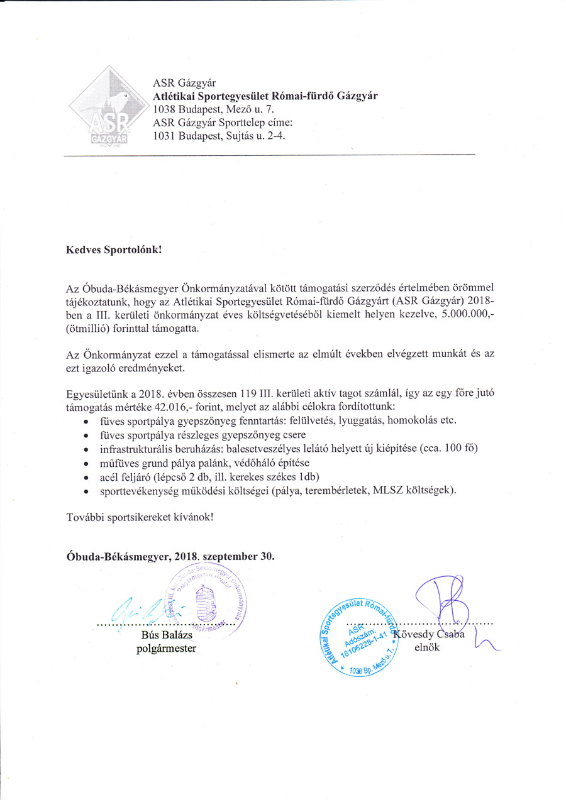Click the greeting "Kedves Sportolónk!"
point(114,249)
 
